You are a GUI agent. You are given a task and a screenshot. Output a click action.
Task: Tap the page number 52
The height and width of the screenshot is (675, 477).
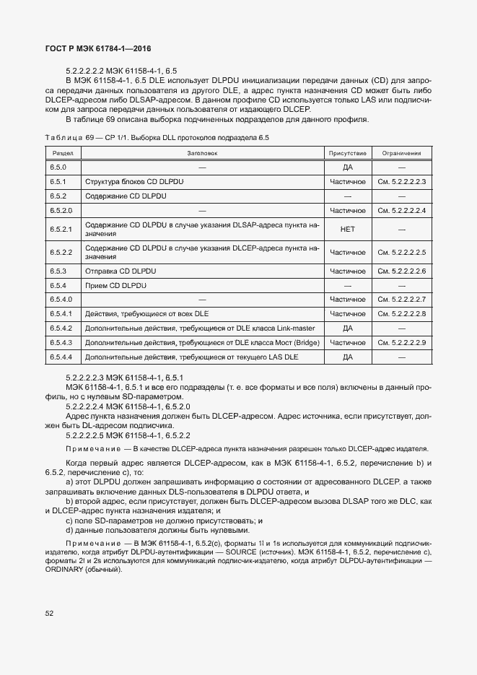pos(50,614)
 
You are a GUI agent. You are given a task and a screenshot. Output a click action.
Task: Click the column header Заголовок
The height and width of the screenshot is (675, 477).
pos(202,153)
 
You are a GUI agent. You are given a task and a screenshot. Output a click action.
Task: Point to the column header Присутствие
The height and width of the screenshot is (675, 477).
pos(348,153)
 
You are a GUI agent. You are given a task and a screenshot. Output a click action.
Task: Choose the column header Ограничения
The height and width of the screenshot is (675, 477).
pos(402,153)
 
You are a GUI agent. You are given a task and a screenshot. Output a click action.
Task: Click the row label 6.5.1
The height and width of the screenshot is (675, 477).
pos(58,182)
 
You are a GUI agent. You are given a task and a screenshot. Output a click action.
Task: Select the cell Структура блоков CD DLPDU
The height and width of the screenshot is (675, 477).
pos(134,182)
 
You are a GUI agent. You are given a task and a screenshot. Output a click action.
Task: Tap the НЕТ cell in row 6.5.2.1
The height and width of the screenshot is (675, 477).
pos(348,229)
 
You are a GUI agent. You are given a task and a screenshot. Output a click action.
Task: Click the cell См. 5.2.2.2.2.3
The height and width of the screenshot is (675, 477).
pos(402,182)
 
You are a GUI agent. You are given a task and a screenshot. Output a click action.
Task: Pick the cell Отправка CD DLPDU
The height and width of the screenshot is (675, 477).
pos(121,271)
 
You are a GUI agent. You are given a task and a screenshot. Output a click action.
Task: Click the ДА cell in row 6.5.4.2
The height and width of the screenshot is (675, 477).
pos(348,328)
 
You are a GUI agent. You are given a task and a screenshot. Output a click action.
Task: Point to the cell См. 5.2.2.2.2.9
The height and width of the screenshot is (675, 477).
pos(402,342)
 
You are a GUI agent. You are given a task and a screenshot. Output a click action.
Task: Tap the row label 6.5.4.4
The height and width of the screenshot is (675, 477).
pos(61,357)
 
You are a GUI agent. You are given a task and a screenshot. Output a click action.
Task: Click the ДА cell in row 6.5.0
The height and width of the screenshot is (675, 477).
pos(348,167)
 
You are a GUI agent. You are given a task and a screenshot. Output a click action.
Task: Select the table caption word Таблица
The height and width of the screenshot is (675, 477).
pos(64,137)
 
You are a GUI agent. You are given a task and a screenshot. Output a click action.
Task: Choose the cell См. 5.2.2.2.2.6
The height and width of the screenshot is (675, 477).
pos(402,271)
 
